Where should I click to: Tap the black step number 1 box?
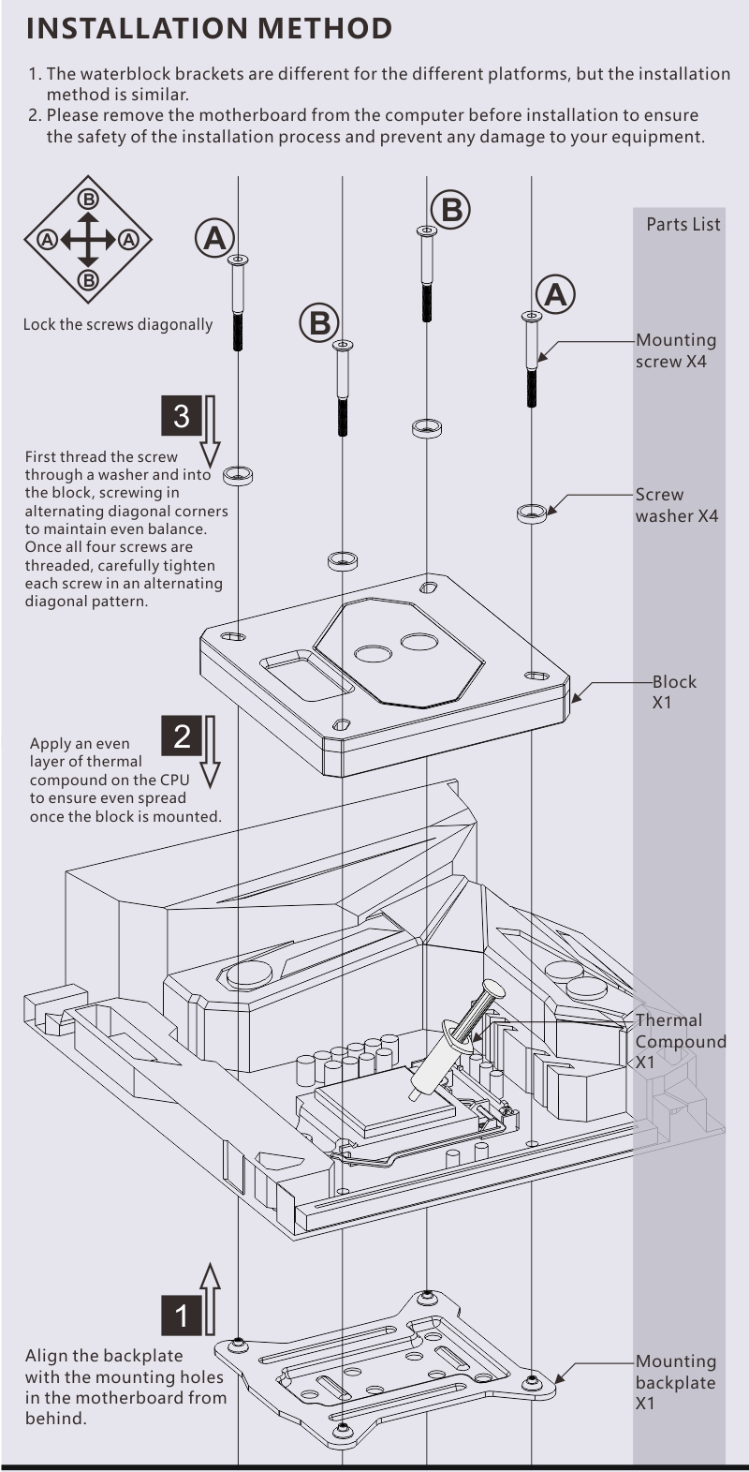click(182, 1315)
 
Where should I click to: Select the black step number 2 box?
click(182, 736)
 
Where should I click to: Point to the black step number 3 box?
click(182, 415)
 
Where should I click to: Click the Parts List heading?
click(683, 225)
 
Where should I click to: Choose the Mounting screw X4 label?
click(676, 350)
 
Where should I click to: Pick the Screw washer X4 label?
click(676, 505)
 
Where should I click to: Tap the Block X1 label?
click(674, 691)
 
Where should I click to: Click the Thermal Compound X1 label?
click(680, 1041)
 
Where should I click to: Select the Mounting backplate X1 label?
click(675, 1382)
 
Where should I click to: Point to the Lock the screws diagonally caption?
click(118, 325)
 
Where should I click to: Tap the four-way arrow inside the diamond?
click(88, 240)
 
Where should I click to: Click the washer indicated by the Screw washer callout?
click(532, 513)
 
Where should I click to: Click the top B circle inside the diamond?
click(88, 199)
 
